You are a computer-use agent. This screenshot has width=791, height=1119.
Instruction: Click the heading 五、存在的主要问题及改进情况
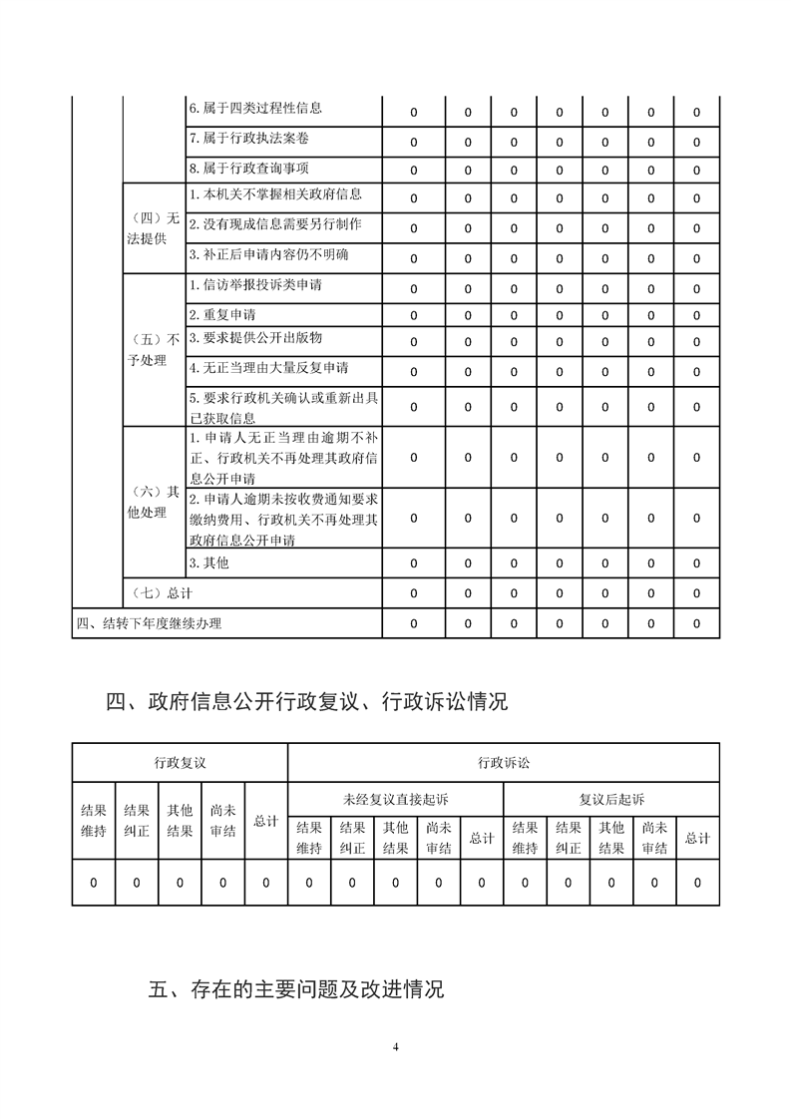[295, 990]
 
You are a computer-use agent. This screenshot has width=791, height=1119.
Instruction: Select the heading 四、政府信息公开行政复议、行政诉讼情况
[306, 702]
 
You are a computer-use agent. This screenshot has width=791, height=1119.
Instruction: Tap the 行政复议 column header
[180, 763]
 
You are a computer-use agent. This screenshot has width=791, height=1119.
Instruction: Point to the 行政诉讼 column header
[504, 763]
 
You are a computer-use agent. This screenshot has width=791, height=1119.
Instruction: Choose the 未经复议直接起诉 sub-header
[395, 799]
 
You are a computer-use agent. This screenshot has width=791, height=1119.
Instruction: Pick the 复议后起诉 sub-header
[611, 799]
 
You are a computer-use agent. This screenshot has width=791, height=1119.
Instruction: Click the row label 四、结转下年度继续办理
[149, 624]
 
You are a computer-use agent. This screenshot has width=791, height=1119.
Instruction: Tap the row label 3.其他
[208, 562]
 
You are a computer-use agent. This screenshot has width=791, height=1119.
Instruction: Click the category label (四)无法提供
[154, 227]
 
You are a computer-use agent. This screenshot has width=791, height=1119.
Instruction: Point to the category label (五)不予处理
[154, 349]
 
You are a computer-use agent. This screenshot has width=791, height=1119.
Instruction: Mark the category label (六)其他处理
[154, 502]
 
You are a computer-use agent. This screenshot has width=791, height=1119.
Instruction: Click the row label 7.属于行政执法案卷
[241, 138]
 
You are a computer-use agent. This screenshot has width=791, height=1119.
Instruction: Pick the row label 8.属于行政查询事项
[241, 168]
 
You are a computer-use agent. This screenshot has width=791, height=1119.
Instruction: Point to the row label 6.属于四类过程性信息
[254, 108]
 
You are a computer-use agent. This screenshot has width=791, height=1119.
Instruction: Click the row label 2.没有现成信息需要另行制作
[274, 223]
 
